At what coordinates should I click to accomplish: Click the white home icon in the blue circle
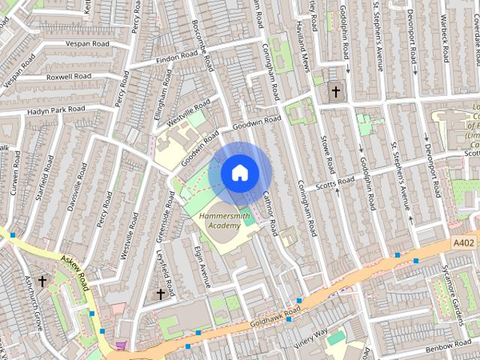[239, 172]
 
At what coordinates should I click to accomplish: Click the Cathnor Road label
[270, 211]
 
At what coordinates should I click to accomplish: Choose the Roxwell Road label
[68, 76]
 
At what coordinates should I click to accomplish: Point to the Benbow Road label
[448, 350]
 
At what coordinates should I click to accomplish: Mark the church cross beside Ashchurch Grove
[42, 281]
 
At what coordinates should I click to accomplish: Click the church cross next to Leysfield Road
[160, 295]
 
